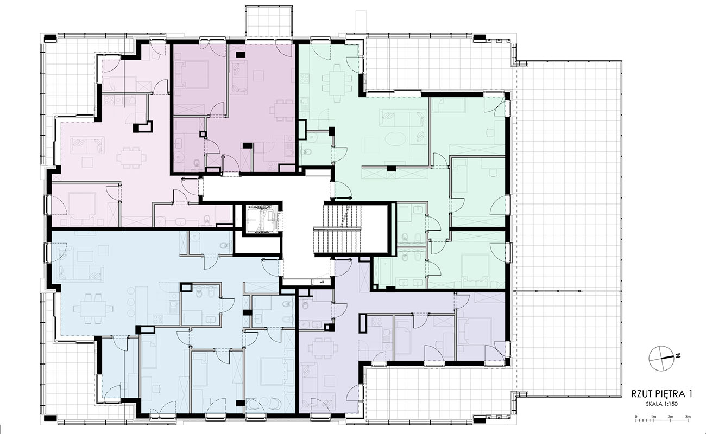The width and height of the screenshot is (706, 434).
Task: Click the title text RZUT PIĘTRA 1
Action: (661, 394)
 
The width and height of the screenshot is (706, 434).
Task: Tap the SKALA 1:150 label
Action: (661, 404)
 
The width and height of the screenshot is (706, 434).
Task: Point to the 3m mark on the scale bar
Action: (688, 416)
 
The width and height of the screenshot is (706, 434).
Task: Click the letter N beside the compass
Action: (678, 355)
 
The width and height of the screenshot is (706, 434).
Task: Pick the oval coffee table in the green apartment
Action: (395, 138)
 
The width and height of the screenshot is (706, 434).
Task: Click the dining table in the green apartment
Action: (337, 81)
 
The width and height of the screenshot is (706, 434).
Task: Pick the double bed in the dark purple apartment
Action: (193, 74)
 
